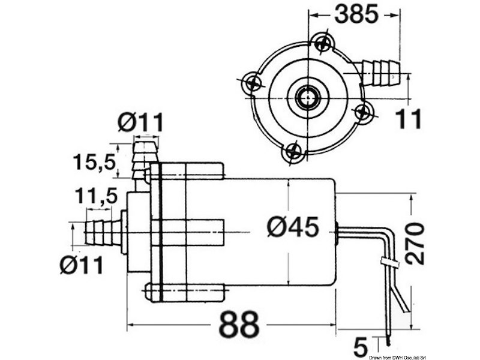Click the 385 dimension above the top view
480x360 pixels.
[356, 15]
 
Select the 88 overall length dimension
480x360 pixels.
[239, 325]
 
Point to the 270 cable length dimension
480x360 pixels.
[413, 242]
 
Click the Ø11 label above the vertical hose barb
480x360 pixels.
[140, 123]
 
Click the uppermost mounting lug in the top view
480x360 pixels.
[322, 42]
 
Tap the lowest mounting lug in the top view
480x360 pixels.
[293, 152]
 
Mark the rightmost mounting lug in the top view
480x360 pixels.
[362, 112]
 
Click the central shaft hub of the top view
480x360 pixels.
[308, 97]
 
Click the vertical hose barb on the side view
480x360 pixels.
[143, 158]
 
